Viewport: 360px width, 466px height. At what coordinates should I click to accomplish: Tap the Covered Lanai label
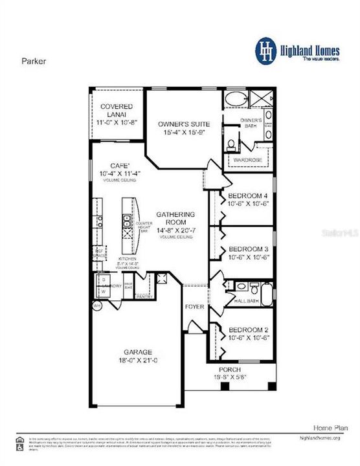pyautogui.click(x=117, y=111)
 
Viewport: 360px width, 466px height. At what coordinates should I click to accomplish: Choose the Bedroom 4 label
pyautogui.click(x=244, y=196)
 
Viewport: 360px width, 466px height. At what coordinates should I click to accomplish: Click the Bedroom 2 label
pyautogui.click(x=244, y=330)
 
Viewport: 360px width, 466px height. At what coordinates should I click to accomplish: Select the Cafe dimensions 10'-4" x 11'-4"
pyautogui.click(x=120, y=174)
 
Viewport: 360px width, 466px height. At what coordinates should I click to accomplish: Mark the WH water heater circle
pyautogui.click(x=97, y=307)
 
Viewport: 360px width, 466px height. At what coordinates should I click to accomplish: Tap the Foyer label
pyautogui.click(x=194, y=307)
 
